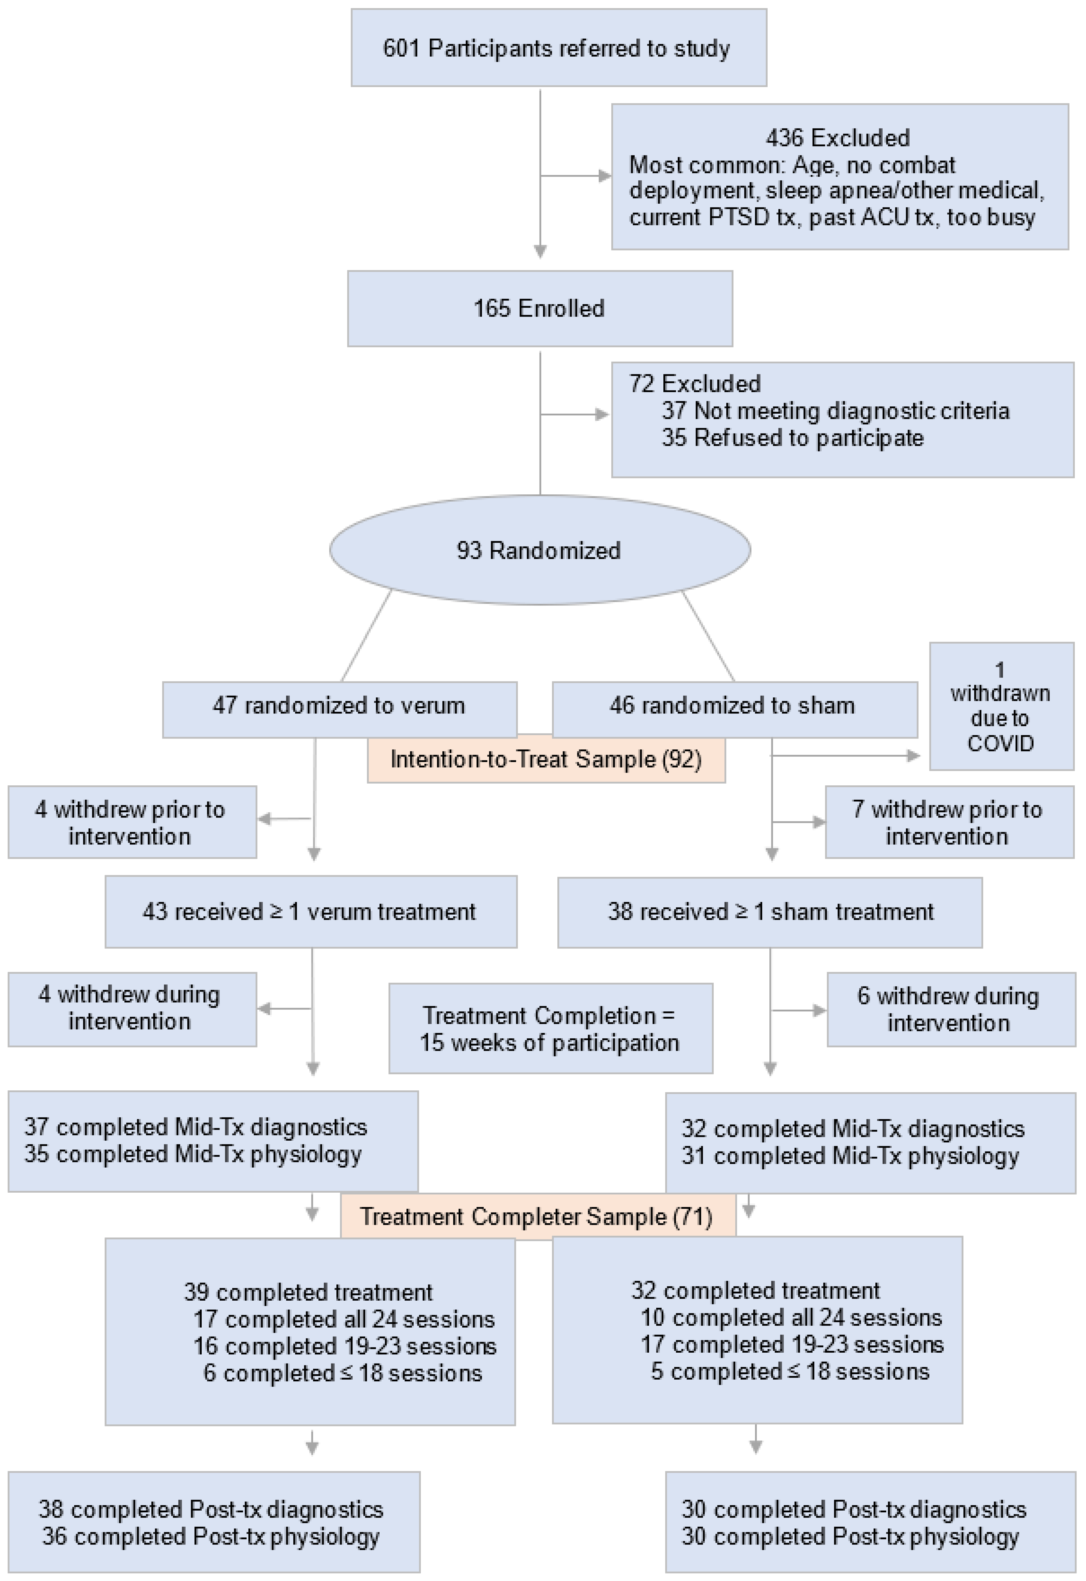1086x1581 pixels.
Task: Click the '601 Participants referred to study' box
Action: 558,48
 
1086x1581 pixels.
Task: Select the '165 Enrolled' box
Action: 540,308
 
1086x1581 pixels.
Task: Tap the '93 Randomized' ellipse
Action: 540,550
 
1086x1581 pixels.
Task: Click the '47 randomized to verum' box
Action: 339,705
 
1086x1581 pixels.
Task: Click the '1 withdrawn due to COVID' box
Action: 1001,706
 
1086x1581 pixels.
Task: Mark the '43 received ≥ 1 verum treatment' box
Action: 310,912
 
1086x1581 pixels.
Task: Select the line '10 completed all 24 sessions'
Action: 791,1318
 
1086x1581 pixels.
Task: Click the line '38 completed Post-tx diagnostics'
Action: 211,1509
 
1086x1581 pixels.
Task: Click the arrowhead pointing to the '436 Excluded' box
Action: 604,176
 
